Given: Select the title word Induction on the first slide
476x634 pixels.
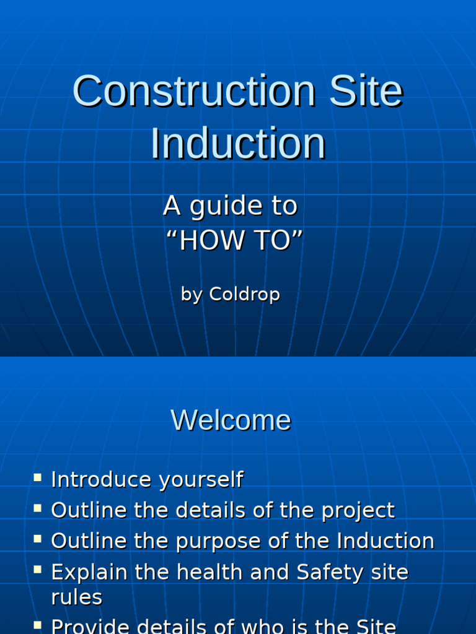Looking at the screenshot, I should coord(238,144).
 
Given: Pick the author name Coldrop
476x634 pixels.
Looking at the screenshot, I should coord(244,294).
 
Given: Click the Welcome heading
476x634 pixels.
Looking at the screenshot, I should coord(231,420).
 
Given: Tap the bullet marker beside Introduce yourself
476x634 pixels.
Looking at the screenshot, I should coord(38,478).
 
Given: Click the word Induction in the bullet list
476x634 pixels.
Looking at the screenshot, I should coord(386,541).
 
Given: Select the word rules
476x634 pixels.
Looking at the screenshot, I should coord(76,598).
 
